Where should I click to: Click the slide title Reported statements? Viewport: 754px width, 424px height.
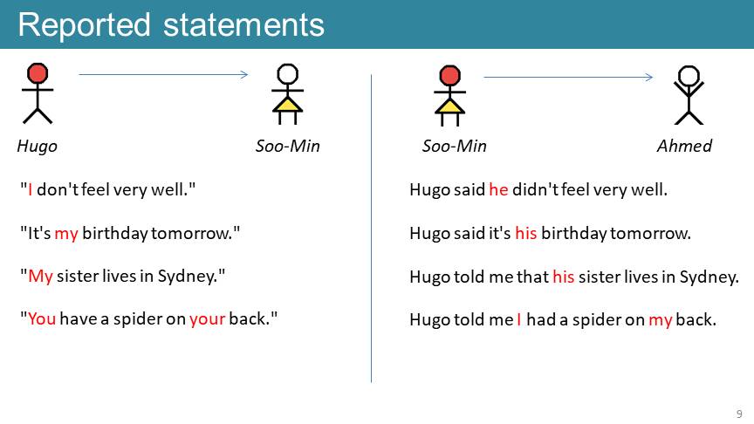click(171, 25)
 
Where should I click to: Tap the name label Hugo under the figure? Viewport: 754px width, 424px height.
click(37, 147)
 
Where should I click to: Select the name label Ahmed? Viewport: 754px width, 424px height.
click(684, 146)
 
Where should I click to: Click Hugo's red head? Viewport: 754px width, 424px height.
click(38, 73)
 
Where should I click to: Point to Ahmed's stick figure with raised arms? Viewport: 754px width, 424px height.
click(689, 95)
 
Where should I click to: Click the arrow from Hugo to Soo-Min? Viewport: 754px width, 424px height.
click(163, 74)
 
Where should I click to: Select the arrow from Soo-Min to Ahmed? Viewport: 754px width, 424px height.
click(568, 77)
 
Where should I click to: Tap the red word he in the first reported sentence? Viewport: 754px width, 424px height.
click(498, 190)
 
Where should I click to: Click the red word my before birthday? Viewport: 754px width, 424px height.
click(66, 234)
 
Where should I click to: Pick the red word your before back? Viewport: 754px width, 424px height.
click(207, 319)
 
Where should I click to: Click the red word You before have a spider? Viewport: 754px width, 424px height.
click(42, 318)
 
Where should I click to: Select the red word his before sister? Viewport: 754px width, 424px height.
click(564, 277)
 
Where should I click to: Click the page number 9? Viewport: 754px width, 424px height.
click(739, 414)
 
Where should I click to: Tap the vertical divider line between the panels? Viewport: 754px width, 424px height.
click(371, 229)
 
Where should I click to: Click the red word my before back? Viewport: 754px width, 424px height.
click(661, 321)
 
